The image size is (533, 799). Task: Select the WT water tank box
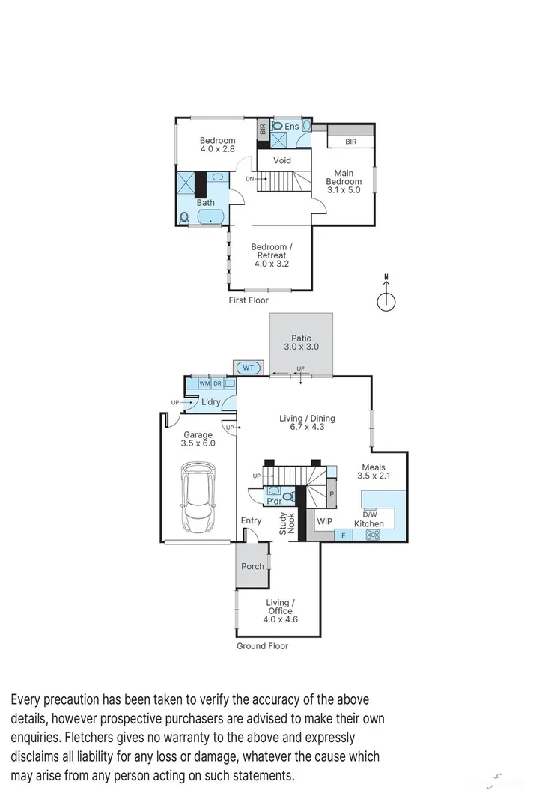248,368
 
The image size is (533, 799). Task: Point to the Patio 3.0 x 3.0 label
302,343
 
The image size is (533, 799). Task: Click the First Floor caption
249,300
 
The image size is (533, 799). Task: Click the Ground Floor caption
262,645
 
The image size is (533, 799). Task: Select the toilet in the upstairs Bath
184,218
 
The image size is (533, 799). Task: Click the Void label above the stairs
282,160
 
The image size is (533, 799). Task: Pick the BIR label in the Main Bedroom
350,142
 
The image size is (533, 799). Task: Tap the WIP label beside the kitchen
324,521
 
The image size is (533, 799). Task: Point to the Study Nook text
287,521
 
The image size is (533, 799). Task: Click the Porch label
252,566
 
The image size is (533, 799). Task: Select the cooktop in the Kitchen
372,535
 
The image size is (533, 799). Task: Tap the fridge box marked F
343,535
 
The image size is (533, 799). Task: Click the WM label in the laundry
204,383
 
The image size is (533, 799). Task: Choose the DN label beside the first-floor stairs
249,179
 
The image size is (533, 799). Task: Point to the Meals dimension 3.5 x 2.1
374,476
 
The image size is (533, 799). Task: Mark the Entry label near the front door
251,520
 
